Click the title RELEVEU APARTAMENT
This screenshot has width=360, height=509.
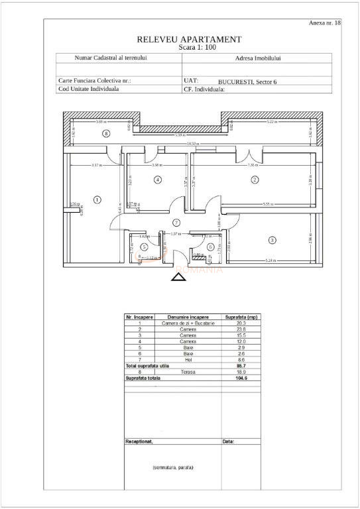(189, 40)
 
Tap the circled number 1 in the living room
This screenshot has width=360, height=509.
(97, 199)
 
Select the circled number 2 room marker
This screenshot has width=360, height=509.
(253, 180)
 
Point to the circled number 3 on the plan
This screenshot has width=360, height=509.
(271, 240)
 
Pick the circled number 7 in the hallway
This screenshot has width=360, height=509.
(176, 222)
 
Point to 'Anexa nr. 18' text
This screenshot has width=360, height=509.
(326, 23)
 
